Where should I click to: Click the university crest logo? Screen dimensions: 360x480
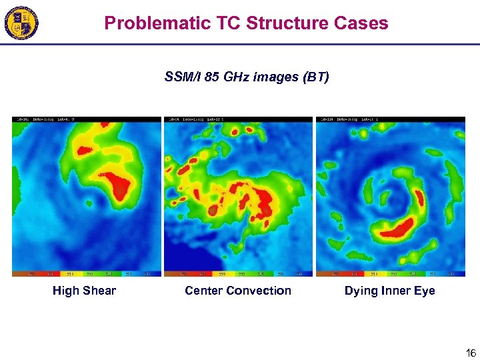tap(21, 24)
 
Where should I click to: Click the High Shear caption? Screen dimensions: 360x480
tap(84, 291)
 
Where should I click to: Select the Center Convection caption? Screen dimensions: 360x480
tap(238, 291)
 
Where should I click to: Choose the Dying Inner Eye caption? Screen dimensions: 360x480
tap(389, 291)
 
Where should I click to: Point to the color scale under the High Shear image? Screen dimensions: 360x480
tap(87, 273)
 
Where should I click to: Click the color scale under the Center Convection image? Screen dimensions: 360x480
tap(238, 273)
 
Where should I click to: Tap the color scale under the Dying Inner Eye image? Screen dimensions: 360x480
tap(390, 273)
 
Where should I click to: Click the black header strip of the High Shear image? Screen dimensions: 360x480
tap(87, 119)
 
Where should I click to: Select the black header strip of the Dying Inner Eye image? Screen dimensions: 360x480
tap(390, 119)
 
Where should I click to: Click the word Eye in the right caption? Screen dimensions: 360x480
tap(424, 291)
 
